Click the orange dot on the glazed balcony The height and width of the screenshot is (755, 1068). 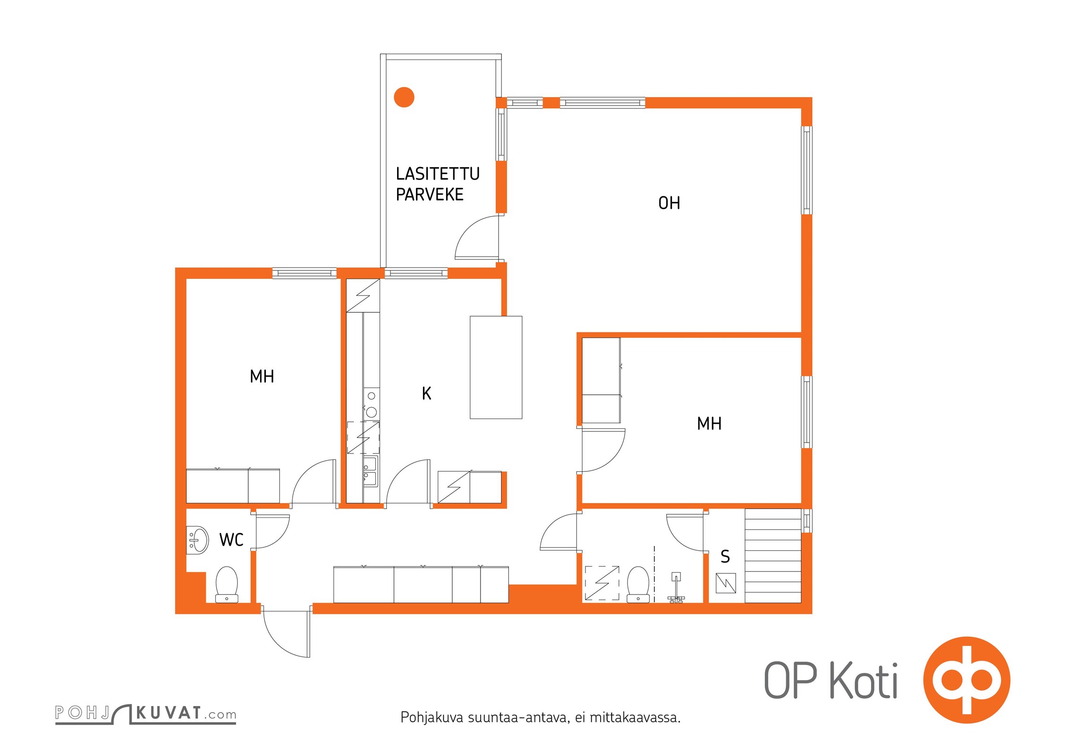[404, 97]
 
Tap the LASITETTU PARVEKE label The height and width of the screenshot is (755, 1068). [438, 184]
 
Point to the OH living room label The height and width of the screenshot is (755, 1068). [669, 203]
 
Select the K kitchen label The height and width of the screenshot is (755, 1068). [426, 393]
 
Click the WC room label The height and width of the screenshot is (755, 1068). [231, 540]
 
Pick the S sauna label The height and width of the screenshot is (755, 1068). [725, 557]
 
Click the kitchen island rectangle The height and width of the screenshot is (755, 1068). [496, 367]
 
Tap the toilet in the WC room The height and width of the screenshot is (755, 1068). [227, 585]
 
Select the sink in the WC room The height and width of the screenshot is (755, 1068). [197, 540]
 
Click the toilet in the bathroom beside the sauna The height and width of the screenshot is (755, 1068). [638, 585]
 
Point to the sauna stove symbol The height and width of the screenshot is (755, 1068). [726, 583]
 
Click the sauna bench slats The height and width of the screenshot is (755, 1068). [773, 556]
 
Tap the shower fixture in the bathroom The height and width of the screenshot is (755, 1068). [676, 588]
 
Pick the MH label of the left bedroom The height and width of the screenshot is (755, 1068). [262, 377]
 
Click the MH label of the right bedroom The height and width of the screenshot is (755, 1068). [709, 424]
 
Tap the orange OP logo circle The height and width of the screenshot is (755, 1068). [966, 680]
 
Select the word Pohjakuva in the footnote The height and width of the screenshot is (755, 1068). [432, 718]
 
